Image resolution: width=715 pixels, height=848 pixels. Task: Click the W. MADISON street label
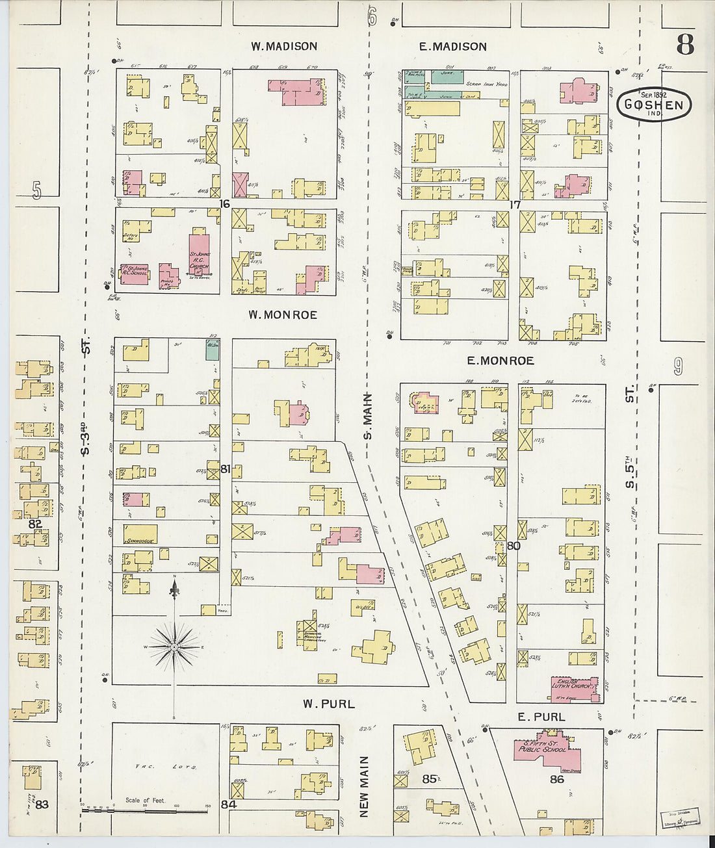pyautogui.click(x=284, y=46)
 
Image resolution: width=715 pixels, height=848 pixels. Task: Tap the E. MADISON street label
pyautogui.click(x=452, y=46)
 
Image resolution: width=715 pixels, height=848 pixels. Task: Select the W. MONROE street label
pyautogui.click(x=283, y=315)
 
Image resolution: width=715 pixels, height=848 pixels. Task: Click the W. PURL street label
pyautogui.click(x=329, y=704)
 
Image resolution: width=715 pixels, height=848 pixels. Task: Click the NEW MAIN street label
pyautogui.click(x=364, y=786)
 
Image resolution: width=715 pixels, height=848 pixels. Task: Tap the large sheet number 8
pyautogui.click(x=684, y=45)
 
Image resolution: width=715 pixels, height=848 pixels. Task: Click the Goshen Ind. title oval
pyautogui.click(x=653, y=105)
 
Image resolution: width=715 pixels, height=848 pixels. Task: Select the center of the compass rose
pyautogui.click(x=174, y=647)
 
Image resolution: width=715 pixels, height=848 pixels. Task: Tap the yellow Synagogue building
pyautogui.click(x=140, y=533)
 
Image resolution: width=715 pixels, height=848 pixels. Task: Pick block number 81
pyautogui.click(x=225, y=469)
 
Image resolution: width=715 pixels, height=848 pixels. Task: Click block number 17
pyautogui.click(x=515, y=205)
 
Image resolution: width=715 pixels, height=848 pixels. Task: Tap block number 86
pyautogui.click(x=557, y=778)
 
